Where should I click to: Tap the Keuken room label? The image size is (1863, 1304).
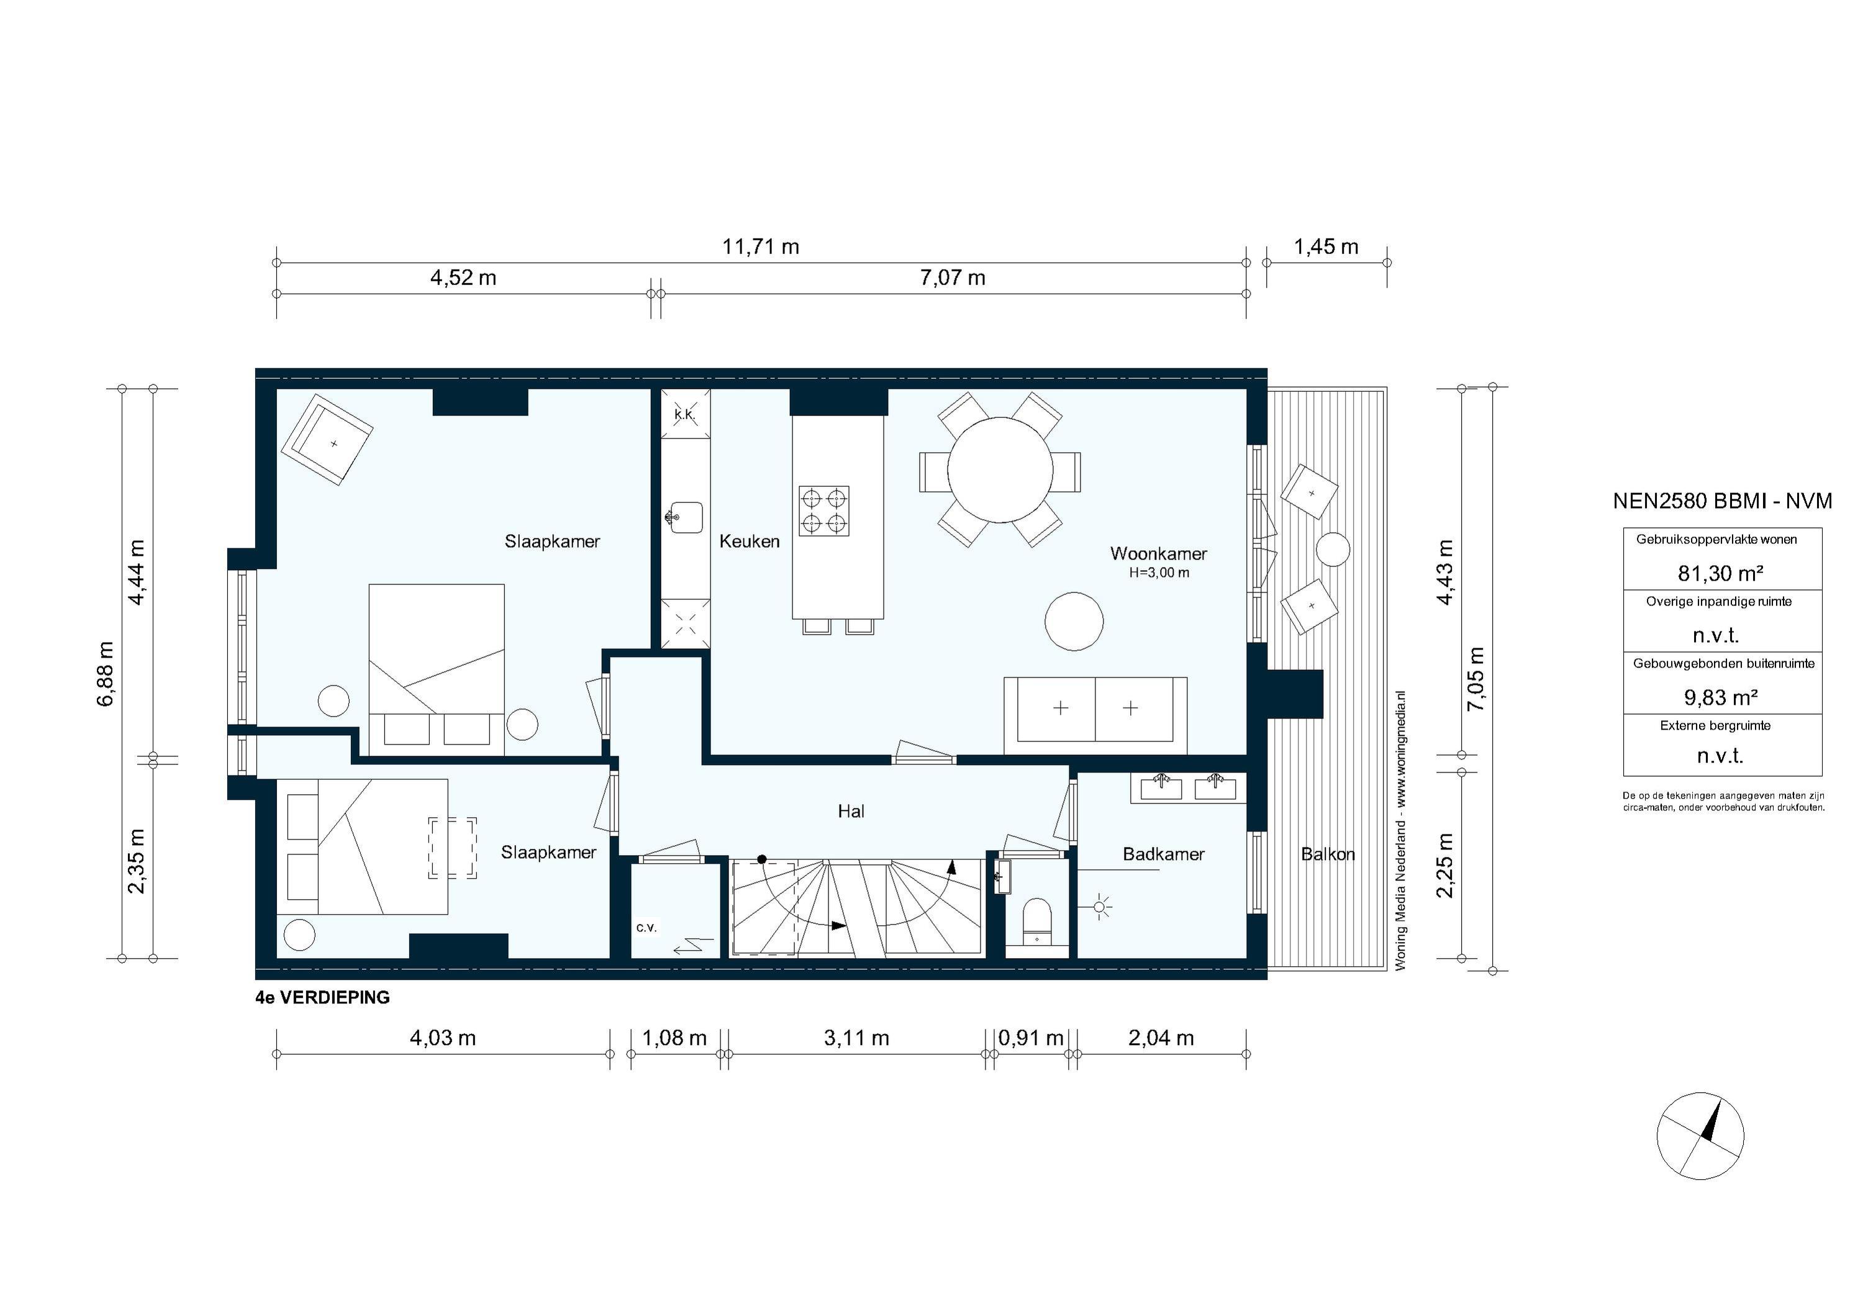[x=749, y=541]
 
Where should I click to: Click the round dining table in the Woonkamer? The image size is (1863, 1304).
[x=1000, y=470]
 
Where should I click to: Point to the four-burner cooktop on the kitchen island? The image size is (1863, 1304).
[x=823, y=511]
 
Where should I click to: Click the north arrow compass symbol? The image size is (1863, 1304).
[x=1700, y=1135]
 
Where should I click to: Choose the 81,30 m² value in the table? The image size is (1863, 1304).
[x=1720, y=574]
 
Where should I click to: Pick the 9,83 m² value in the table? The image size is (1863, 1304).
[x=1720, y=697]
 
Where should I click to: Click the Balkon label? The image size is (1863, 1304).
[x=1328, y=854]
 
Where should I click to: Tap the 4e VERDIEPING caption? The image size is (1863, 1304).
[x=322, y=998]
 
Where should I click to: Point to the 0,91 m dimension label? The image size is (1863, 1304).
[x=1030, y=1038]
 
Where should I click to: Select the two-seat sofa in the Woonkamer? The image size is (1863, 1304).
[x=1095, y=714]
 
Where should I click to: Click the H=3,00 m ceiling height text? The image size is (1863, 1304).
[x=1159, y=573]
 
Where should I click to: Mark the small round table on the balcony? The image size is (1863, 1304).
[x=1332, y=550]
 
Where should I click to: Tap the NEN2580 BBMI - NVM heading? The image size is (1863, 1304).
[x=1722, y=502]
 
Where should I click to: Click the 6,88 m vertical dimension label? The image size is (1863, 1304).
[x=106, y=674]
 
